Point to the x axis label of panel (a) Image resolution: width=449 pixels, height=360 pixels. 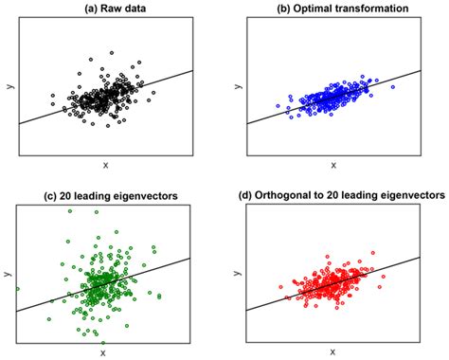click(105, 165)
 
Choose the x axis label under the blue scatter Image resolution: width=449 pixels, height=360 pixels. click(333, 165)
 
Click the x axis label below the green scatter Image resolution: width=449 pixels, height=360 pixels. click(105, 351)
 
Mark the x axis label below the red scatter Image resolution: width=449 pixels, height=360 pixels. click(333, 351)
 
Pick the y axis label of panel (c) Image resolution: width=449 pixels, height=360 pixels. click(7, 274)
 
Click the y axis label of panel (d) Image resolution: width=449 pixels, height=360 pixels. click(235, 274)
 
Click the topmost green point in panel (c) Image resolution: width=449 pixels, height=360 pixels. click(69, 210)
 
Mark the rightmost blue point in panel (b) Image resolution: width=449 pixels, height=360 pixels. click(392, 87)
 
